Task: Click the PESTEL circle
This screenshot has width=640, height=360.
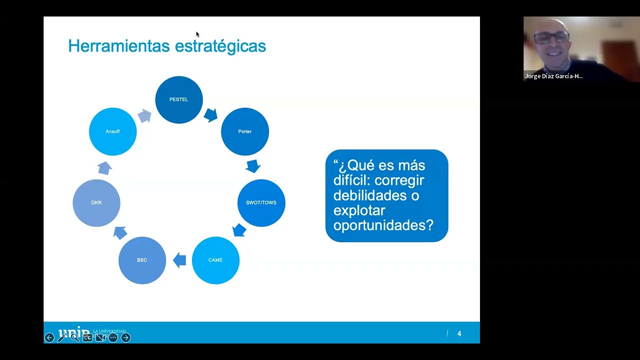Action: pyautogui.click(x=179, y=99)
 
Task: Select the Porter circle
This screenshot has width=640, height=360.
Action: pyautogui.click(x=245, y=131)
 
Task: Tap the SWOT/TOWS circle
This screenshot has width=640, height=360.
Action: pyautogui.click(x=261, y=202)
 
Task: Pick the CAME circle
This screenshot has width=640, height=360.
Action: pyautogui.click(x=215, y=260)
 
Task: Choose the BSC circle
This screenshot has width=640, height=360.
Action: pyautogui.click(x=142, y=260)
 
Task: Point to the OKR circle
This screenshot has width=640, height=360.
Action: pyautogui.click(x=96, y=202)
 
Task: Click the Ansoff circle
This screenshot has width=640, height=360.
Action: pyautogui.click(x=112, y=131)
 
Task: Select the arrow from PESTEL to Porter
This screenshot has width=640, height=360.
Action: pyautogui.click(x=210, y=115)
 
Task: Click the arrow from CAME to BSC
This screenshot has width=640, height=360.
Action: pyautogui.click(x=179, y=260)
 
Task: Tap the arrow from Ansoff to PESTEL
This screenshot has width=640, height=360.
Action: pyautogui.click(x=144, y=116)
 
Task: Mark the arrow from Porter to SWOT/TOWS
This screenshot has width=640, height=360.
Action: pyautogui.click(x=253, y=166)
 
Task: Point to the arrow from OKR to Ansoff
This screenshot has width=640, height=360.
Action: pyautogui.click(x=104, y=167)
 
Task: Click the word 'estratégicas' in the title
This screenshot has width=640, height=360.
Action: pyautogui.click(x=220, y=46)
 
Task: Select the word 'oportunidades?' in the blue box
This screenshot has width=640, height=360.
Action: pyautogui.click(x=383, y=225)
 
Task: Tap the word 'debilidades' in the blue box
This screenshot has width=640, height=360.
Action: pyautogui.click(x=369, y=195)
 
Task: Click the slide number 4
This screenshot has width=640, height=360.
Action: pyautogui.click(x=459, y=333)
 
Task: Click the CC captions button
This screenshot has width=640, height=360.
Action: pyautogui.click(x=87, y=337)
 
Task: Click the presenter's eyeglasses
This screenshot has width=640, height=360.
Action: pyautogui.click(x=551, y=37)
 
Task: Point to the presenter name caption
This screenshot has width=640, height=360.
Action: pyautogui.click(x=553, y=76)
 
